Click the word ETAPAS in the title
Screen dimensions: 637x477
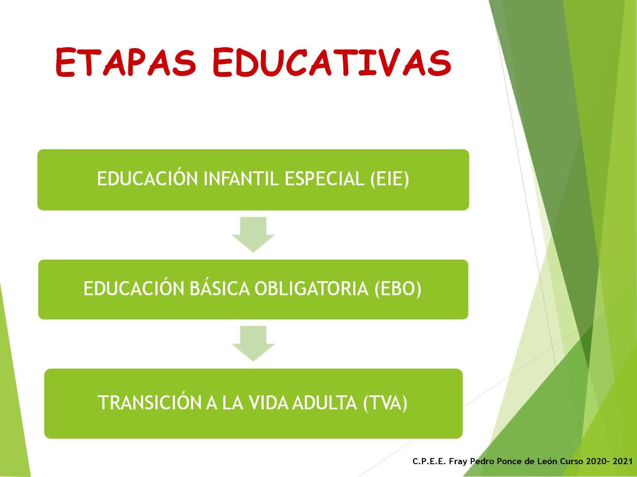pyautogui.click(x=126, y=63)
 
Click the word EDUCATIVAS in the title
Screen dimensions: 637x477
pyautogui.click(x=332, y=63)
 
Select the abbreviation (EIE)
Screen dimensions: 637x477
pyautogui.click(x=390, y=179)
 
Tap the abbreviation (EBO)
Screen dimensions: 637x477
pyautogui.click(x=398, y=289)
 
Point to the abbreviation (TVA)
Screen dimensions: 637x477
pyautogui.click(x=385, y=402)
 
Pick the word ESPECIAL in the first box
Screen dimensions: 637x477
pyautogui.click(x=324, y=179)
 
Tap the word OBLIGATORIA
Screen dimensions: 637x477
pyautogui.click(x=311, y=288)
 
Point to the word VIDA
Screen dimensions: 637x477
pyautogui.click(x=269, y=402)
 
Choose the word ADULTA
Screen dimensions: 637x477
pyautogui.click(x=324, y=402)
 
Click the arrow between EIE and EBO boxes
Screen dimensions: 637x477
pyautogui.click(x=253, y=235)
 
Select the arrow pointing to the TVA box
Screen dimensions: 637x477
pyautogui.click(x=253, y=344)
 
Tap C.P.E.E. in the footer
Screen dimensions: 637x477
pyautogui.click(x=429, y=461)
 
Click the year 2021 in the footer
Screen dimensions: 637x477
pyautogui.click(x=622, y=461)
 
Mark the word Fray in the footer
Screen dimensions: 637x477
pyautogui.click(x=458, y=462)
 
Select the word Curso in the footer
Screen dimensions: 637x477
pyautogui.click(x=571, y=461)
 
